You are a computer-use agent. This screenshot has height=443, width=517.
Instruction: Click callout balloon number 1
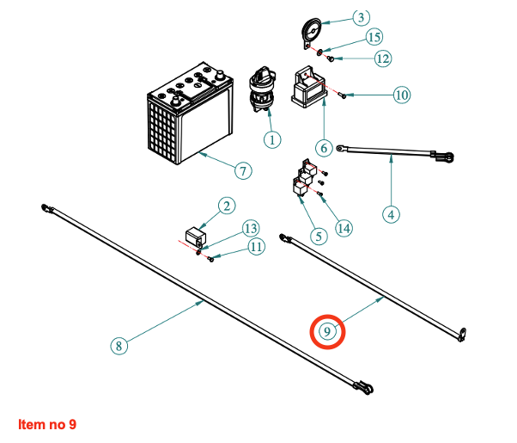coord(272,138)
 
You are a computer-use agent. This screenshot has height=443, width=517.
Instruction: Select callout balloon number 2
coord(226,206)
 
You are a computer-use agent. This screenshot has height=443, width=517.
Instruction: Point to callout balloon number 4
coord(392,214)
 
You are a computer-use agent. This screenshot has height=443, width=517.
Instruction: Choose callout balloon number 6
coord(324,148)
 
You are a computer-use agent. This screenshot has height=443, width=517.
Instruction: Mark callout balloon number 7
coord(243,171)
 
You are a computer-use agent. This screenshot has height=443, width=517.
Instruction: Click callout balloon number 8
coord(119,346)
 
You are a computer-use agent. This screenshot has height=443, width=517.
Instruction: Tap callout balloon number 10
coord(401,95)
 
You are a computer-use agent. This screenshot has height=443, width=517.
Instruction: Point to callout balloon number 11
coord(257,247)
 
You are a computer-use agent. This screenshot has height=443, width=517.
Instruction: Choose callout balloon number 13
coord(250,229)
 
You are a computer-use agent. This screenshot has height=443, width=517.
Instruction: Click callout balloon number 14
coord(344,228)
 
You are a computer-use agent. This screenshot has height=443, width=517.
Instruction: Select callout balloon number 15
coord(374,37)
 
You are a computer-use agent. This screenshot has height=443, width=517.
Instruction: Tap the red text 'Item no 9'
coord(47,425)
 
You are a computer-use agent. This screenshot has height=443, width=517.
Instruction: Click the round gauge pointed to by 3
coord(313,34)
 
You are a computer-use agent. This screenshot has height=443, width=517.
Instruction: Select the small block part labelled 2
coord(197,236)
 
